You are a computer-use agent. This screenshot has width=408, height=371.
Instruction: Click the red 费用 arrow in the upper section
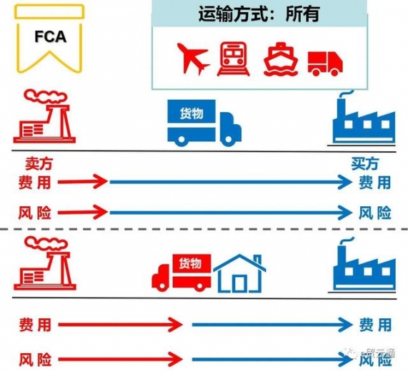pos(83,183)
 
